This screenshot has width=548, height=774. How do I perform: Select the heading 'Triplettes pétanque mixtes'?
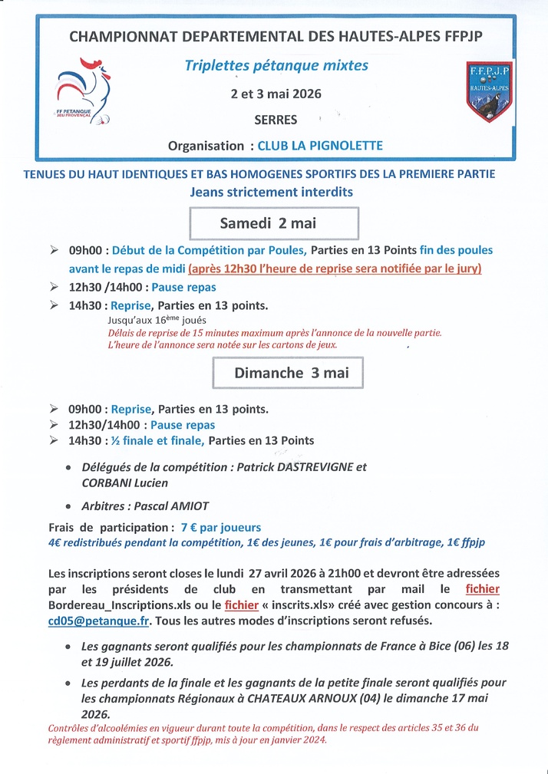[276, 66]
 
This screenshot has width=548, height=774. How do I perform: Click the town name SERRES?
[276, 120]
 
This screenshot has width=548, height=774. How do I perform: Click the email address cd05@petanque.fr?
[100, 621]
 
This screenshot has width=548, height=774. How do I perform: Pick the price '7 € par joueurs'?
[221, 527]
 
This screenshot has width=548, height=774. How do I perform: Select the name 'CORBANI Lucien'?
[125, 483]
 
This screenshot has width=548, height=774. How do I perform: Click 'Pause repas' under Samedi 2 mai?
[183, 287]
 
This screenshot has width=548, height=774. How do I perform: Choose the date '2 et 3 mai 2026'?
[276, 94]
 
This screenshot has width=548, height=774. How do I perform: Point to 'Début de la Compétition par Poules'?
[210, 250]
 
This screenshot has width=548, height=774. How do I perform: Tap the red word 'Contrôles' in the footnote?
[71, 727]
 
